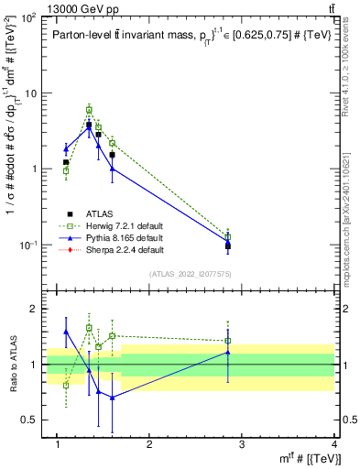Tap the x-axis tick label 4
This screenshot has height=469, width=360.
coord(334,445)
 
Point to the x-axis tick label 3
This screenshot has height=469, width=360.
coord(242,445)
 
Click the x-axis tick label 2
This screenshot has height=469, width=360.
coord(149,445)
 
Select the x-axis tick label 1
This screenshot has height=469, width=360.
coord(57,445)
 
